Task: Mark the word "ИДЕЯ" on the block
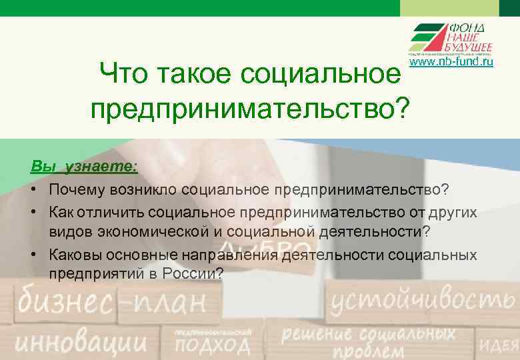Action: pyautogui.click(x=501, y=345)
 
